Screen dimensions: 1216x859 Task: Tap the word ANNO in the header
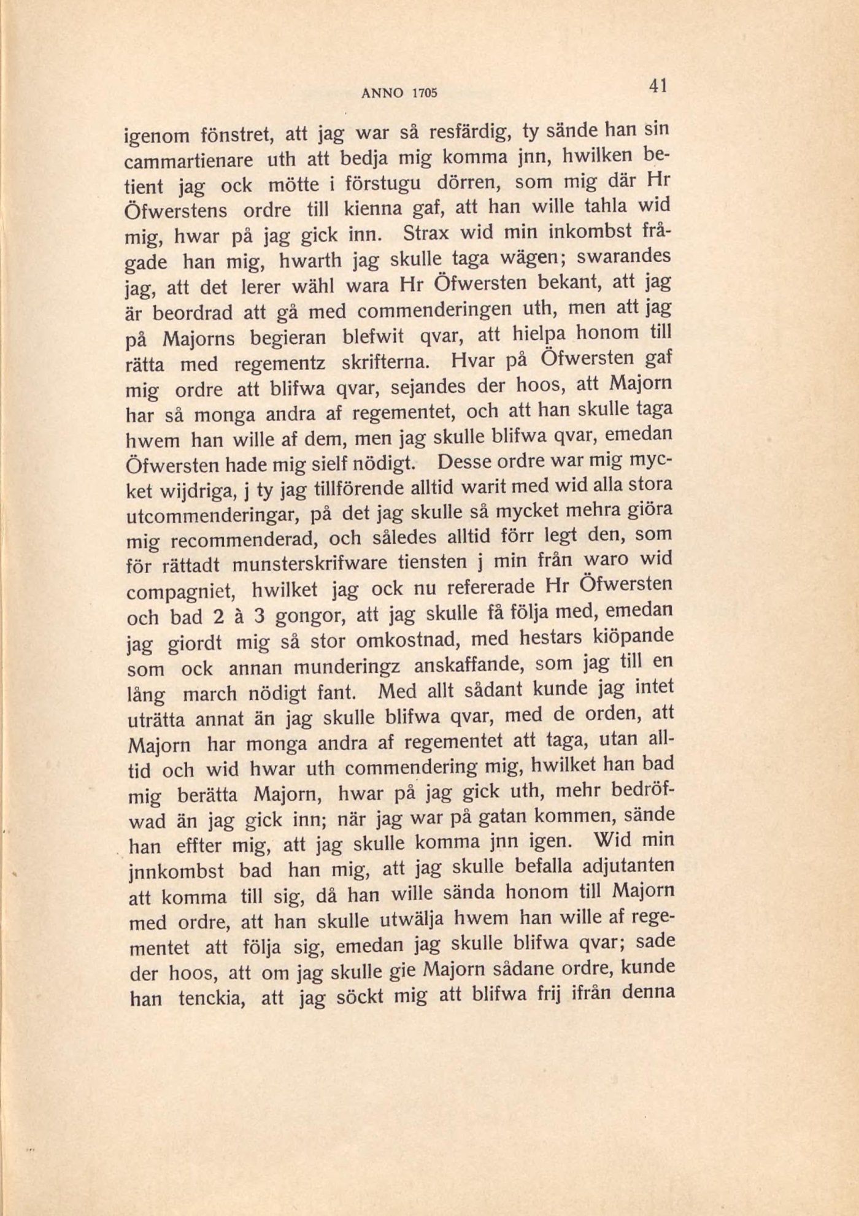[x=382, y=93]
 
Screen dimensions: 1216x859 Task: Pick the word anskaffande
[x=468, y=666]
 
